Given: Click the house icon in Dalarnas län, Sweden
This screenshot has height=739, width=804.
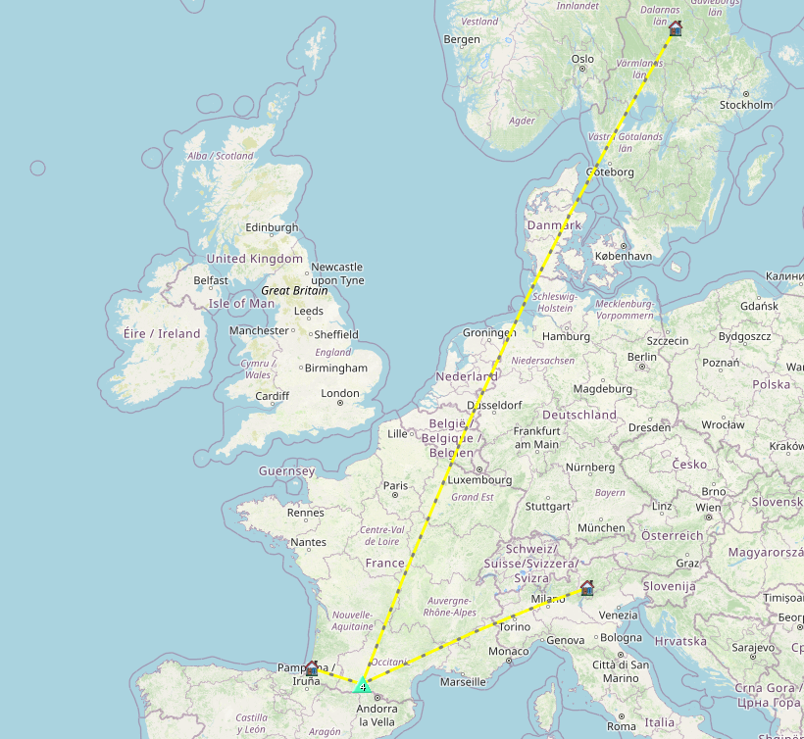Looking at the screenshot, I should pyautogui.click(x=675, y=28).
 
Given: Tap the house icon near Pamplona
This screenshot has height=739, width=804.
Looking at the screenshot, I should pyautogui.click(x=312, y=668).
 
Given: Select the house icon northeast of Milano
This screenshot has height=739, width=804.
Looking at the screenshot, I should pyautogui.click(x=587, y=588).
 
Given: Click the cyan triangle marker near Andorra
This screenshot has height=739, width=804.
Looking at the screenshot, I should pyautogui.click(x=363, y=685).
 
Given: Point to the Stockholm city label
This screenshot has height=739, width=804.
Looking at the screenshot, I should pyautogui.click(x=746, y=105).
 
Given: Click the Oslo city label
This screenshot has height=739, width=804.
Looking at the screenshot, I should pyautogui.click(x=582, y=59).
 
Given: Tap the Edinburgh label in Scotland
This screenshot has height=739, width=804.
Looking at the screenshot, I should pyautogui.click(x=272, y=227).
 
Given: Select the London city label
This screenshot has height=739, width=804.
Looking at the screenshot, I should pyautogui.click(x=339, y=394).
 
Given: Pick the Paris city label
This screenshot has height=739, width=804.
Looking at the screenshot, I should pyautogui.click(x=395, y=486).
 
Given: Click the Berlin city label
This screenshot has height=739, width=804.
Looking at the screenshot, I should pyautogui.click(x=641, y=357).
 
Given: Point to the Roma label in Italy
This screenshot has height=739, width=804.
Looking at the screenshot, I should pyautogui.click(x=622, y=726).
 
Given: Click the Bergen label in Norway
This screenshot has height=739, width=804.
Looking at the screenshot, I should pyautogui.click(x=462, y=39).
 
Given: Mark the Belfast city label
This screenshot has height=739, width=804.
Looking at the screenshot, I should pyautogui.click(x=211, y=280).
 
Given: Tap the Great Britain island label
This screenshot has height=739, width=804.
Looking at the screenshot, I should pyautogui.click(x=294, y=291).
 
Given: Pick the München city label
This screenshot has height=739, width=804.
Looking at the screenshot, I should pyautogui.click(x=601, y=527).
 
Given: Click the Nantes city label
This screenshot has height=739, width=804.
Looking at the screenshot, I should pyautogui.click(x=309, y=542).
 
